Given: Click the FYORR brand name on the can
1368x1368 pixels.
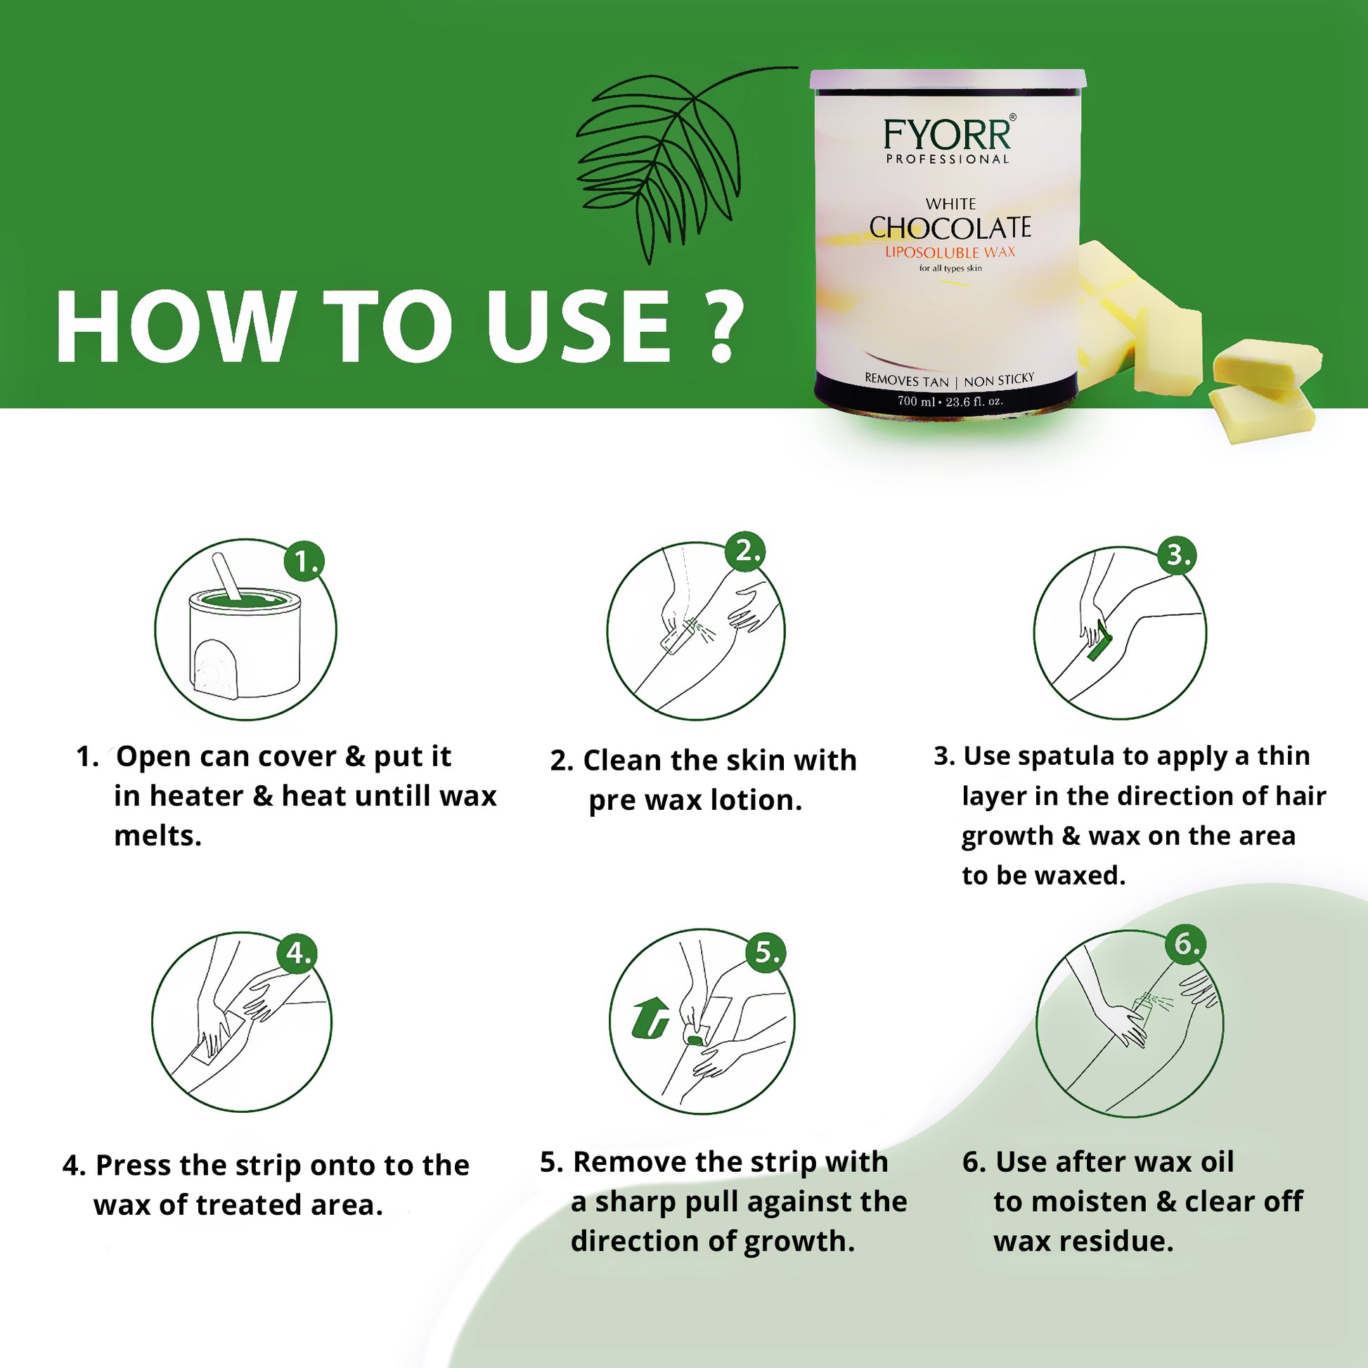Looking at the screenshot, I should click(948, 134).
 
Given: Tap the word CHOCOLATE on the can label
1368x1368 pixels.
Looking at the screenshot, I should click(950, 228).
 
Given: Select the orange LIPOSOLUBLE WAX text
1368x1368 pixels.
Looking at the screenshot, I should click(950, 252).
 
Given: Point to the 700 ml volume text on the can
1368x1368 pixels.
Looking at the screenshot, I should click(916, 401).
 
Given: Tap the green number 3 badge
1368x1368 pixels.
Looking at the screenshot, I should click(1176, 555).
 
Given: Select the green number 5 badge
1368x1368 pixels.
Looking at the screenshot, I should click(766, 952).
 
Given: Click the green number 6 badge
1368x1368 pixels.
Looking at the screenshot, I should click(1186, 944).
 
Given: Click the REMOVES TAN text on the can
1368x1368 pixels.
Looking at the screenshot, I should click(905, 380).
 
